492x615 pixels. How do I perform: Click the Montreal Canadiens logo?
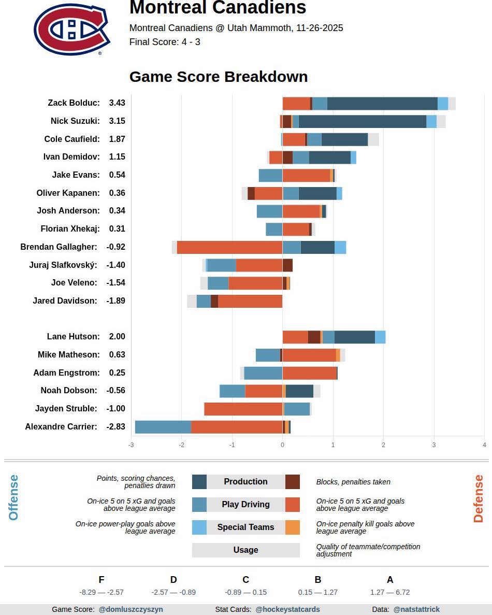(x=72, y=30)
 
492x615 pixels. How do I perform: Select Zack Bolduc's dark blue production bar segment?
(x=382, y=104)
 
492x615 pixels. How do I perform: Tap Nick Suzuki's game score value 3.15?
(x=117, y=121)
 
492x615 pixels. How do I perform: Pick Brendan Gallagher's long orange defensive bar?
(x=229, y=247)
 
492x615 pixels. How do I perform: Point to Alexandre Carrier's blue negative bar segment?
(x=163, y=427)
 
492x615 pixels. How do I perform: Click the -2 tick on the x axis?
(x=181, y=445)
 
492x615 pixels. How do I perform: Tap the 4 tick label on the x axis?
(x=484, y=445)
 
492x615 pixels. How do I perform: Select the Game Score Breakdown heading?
(x=218, y=77)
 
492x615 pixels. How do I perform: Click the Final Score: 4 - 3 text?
(x=165, y=42)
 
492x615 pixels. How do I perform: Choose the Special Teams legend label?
(x=245, y=527)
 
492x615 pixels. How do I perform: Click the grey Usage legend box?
(x=245, y=550)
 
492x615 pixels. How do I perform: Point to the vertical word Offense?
(x=13, y=497)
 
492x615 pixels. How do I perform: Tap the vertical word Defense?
(x=478, y=498)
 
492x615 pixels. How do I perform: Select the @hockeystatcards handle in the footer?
(x=287, y=610)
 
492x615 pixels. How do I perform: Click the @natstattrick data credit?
(x=416, y=610)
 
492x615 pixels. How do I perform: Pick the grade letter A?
(x=390, y=580)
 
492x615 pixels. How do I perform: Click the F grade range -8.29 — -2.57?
(x=102, y=592)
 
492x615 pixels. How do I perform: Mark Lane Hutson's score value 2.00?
(x=117, y=337)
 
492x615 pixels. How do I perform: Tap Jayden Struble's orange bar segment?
(x=243, y=409)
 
